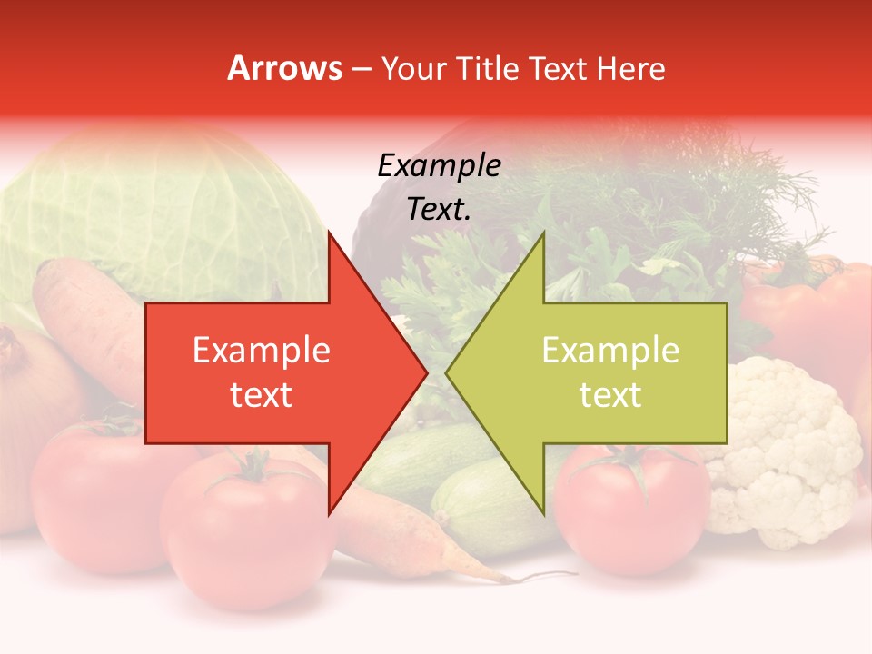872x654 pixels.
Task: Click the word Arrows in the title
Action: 285,68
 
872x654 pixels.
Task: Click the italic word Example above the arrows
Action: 439,166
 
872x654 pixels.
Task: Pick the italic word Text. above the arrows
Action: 439,210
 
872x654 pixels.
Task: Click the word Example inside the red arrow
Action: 262,351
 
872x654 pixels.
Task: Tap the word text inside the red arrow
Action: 262,395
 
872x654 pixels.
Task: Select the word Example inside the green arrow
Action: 610,351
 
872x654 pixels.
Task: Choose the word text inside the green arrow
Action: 610,395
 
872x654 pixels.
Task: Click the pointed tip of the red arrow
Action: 426,372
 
